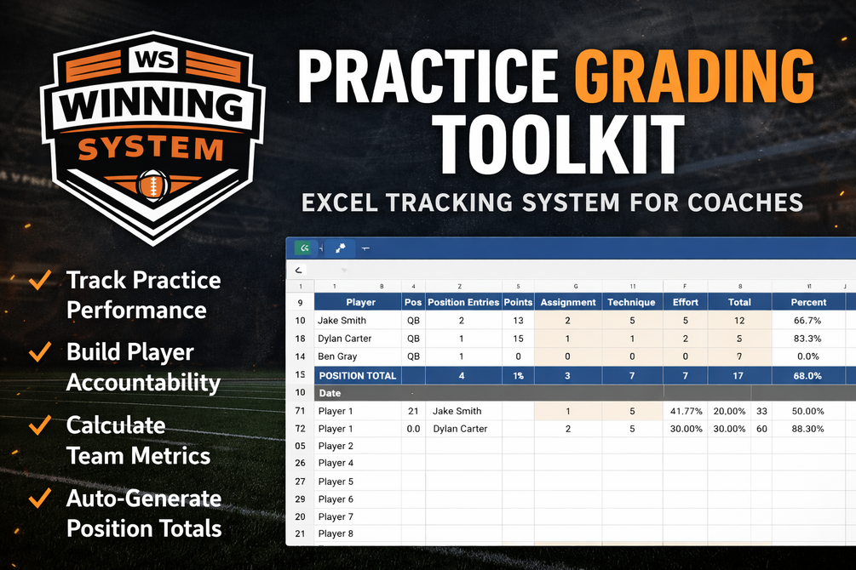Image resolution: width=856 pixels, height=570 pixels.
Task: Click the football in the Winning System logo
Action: point(152,185)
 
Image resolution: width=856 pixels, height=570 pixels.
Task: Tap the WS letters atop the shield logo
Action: point(154,59)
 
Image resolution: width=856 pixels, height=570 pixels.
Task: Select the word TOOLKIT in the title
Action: point(557,144)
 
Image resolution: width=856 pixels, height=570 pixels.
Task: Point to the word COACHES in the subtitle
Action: point(745,202)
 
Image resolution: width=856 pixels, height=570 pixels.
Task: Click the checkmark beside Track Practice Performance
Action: point(40,279)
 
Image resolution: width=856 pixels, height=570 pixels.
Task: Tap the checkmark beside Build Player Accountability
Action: point(40,351)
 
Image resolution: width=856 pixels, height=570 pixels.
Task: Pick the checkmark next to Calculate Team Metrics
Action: point(40,425)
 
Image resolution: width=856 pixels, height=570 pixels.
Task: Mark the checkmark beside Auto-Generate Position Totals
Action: point(40,498)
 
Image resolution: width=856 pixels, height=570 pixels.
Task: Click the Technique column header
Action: point(632,302)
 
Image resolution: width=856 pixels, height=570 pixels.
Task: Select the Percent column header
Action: point(808,302)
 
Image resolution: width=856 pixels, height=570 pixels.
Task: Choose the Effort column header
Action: point(685,302)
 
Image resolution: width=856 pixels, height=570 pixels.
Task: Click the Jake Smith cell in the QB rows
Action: point(342,320)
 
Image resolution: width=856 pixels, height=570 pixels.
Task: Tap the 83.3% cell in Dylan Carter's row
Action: point(807,339)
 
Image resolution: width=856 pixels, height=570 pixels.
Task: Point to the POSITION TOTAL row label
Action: point(358,376)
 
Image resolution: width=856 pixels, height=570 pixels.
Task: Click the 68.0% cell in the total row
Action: point(807,376)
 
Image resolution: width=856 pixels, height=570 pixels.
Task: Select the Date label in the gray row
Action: point(330,393)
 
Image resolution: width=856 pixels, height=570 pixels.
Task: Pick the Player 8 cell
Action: point(336,533)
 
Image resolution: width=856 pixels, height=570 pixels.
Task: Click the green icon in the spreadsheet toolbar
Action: point(304,248)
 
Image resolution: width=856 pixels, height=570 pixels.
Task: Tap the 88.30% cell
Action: point(808,429)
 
